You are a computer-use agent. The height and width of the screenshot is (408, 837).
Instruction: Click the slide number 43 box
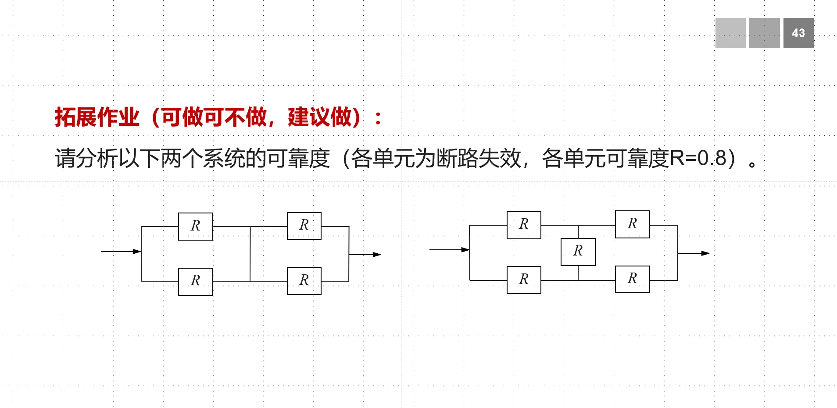click(798, 33)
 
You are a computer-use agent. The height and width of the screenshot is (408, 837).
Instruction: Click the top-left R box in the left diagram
click(196, 226)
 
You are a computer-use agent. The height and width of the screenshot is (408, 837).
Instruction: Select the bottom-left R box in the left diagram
click(196, 281)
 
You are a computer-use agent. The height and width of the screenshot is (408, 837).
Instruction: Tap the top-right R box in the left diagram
click(304, 226)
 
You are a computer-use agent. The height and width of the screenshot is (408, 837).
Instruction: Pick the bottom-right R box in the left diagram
click(304, 280)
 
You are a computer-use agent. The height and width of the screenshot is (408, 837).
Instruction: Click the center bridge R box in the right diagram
click(578, 252)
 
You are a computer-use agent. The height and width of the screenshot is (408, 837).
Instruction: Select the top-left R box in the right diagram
click(524, 225)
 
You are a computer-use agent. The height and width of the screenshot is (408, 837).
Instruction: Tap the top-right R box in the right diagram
click(632, 224)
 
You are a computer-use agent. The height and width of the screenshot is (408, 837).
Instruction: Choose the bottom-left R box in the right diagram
click(524, 280)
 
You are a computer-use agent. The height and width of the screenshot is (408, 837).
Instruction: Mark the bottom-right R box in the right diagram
click(632, 279)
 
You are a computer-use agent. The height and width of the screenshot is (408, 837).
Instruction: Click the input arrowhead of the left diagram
click(137, 252)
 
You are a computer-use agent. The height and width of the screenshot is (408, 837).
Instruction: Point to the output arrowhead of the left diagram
click(377, 255)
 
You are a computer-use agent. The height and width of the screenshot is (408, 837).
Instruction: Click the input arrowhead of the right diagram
click(465, 250)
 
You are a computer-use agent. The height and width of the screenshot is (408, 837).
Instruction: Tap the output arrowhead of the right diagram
click(705, 253)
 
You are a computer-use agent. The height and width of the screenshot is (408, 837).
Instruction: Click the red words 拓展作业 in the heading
click(97, 117)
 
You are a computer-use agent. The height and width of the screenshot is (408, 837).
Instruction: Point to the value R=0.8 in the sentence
click(698, 158)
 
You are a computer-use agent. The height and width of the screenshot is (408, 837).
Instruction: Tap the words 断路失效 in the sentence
click(479, 158)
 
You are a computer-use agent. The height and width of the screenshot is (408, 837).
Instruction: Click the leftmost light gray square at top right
click(730, 33)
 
